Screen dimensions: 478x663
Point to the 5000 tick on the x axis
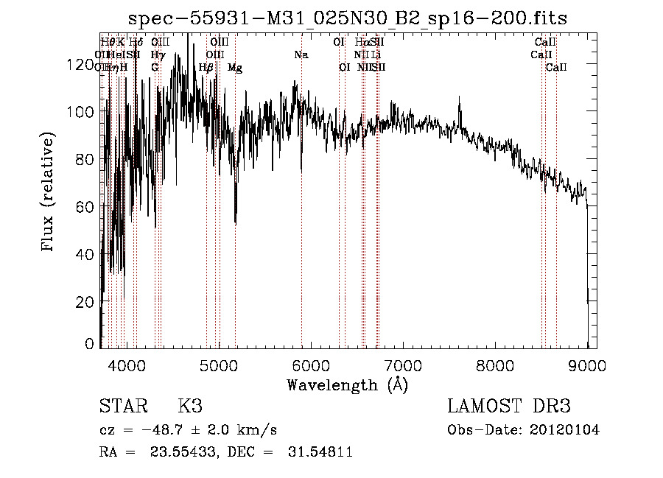[217, 365]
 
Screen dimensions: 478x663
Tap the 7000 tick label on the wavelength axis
[402, 365]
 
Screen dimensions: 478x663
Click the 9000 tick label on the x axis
[587, 365]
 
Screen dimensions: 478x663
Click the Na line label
[301, 55]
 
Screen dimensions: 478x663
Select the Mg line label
[235, 68]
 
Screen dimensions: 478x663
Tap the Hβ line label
[206, 68]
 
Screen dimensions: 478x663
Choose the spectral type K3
[190, 407]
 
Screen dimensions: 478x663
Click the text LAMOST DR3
[509, 407]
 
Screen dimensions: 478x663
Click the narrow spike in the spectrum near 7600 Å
[460, 108]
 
